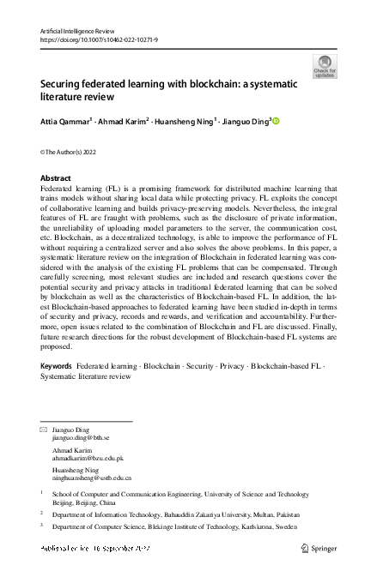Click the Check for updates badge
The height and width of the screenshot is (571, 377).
tap(325, 66)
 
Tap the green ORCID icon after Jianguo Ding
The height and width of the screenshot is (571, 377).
tap(277, 121)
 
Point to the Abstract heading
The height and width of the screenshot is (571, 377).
tap(56, 178)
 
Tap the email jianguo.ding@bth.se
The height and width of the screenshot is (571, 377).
tap(83, 437)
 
